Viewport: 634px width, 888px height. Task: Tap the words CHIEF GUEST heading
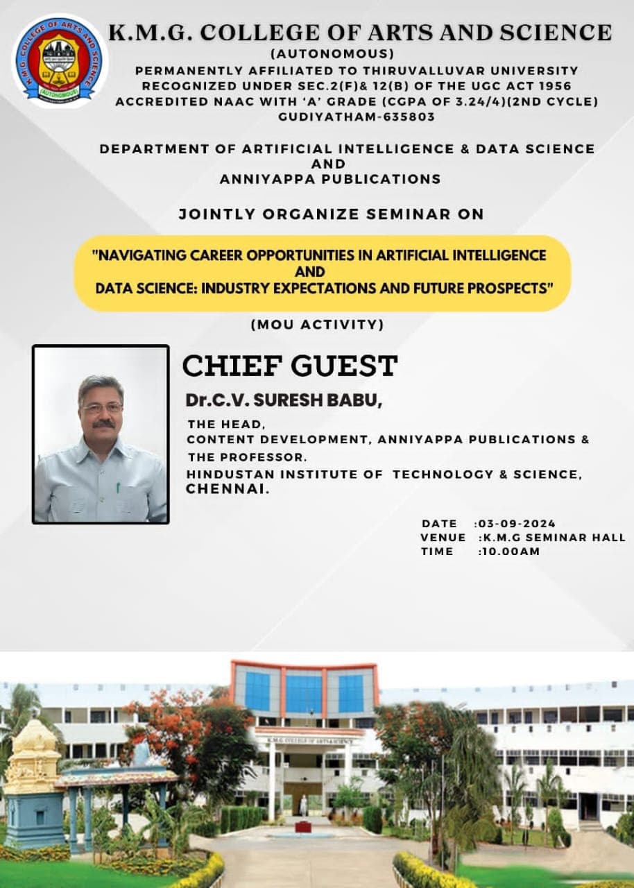point(289,366)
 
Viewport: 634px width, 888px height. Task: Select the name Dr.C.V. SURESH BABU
point(283,401)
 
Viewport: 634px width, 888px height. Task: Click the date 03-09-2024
point(517,524)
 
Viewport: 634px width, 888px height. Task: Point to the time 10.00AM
point(511,552)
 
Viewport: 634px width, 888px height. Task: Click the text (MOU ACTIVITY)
point(317,324)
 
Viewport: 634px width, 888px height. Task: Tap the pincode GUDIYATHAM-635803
point(357,117)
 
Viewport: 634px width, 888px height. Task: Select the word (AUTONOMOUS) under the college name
point(332,53)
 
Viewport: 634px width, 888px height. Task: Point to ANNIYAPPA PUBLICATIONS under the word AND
point(330,179)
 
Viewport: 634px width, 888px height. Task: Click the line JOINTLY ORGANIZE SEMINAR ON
point(331,214)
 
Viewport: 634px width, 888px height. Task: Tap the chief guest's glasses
point(101,407)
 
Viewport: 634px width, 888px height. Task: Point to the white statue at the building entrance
point(303,805)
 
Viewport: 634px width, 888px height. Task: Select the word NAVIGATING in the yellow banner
point(135,255)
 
